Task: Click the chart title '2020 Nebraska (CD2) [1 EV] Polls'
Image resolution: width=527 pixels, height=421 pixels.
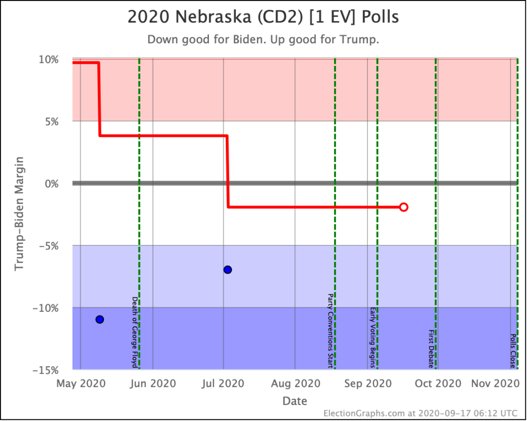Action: pyautogui.click(x=263, y=18)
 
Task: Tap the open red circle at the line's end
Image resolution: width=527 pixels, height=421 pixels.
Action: pyautogui.click(x=403, y=207)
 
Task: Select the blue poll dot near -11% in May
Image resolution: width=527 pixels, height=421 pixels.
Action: pyautogui.click(x=100, y=319)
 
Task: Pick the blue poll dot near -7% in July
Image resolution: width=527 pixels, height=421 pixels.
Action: pyautogui.click(x=227, y=270)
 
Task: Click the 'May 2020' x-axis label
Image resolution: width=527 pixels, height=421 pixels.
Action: pyautogui.click(x=81, y=384)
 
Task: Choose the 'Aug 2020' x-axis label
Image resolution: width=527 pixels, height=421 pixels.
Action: pyautogui.click(x=295, y=384)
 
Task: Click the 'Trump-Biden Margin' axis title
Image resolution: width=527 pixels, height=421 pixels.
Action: pyautogui.click(x=20, y=214)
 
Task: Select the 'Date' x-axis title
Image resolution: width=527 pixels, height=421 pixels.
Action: pyautogui.click(x=295, y=401)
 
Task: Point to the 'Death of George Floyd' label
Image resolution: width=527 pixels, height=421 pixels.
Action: pyautogui.click(x=135, y=332)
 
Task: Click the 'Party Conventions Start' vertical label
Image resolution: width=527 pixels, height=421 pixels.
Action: pyautogui.click(x=330, y=331)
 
